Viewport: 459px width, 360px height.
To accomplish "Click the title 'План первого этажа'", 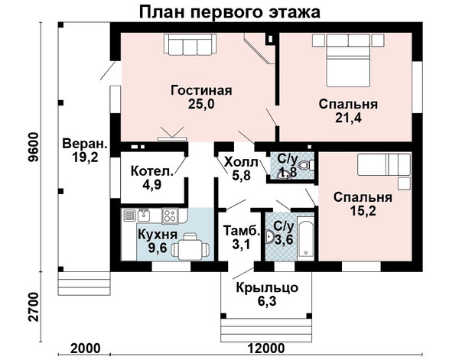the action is coord(229,12).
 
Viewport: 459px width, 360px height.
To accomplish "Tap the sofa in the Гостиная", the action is coord(190,44).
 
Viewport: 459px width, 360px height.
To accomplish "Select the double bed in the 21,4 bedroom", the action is coord(348,60).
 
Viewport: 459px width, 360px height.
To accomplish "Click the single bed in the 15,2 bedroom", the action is coord(383,164).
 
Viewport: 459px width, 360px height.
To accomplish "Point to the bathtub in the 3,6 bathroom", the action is coord(305,238).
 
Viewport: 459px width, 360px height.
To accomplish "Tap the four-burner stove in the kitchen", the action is coord(170,216).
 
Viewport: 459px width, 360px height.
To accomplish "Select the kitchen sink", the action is coord(144,215).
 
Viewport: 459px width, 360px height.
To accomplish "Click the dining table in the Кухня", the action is coord(190,248).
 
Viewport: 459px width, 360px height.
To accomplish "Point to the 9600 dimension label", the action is coord(34,147).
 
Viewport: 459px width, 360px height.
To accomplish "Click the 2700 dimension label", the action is coord(34,306).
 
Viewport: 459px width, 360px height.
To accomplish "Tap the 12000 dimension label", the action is coord(266,349).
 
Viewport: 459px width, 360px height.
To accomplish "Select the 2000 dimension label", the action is coord(86,349).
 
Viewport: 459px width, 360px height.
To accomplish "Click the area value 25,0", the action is coord(201,104).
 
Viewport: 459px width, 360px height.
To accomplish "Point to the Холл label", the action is coord(241,162).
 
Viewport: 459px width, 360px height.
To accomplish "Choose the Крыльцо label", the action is coord(267,287).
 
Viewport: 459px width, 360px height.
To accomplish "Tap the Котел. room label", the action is coord(152,171).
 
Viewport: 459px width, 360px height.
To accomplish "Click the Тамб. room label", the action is coord(242,231).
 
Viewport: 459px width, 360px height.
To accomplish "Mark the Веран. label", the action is coord(85,144).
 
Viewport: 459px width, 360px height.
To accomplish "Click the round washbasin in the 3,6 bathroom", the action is coord(269,237).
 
